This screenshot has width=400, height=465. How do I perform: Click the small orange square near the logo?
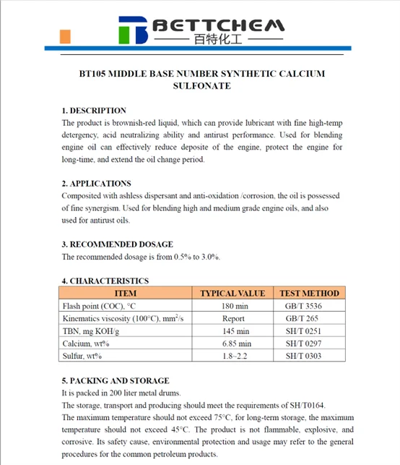coord(66,35)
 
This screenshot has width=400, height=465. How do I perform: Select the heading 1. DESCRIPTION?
coord(94,111)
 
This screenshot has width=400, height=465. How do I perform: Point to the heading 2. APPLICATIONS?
coord(96,184)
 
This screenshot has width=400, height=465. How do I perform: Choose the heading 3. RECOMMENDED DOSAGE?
coord(117,244)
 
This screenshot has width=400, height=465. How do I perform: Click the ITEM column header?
coord(125,294)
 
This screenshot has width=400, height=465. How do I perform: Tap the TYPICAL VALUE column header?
coord(232,294)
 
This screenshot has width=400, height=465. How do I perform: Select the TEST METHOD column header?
coord(309,294)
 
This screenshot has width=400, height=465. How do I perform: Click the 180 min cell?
coord(232,306)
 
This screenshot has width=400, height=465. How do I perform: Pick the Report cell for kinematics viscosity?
coord(232,318)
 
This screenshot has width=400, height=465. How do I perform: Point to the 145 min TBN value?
coord(232,331)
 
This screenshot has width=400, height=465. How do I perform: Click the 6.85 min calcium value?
coord(232,344)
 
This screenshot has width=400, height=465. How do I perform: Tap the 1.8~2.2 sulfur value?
coord(232,356)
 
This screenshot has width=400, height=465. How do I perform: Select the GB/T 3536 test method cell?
coord(303,306)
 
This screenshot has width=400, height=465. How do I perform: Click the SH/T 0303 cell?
coord(303,356)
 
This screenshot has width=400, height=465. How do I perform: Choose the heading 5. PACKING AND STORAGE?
coord(116,380)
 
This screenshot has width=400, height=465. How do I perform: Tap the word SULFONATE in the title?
coord(201,86)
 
